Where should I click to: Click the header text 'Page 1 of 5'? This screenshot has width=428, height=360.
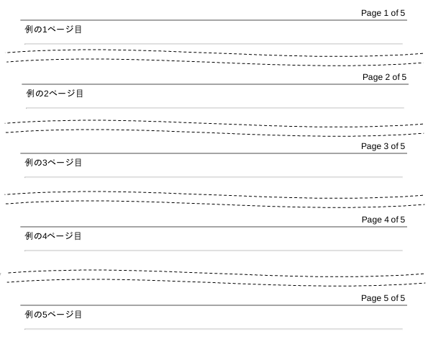pos(383,13)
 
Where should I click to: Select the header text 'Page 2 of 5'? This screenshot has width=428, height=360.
pos(384,77)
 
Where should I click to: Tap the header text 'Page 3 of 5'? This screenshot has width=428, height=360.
pos(383,146)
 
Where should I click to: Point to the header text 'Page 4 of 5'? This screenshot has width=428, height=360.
pos(383,220)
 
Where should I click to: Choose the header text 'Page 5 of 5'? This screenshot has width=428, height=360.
pos(383,298)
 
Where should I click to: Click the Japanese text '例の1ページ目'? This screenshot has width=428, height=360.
pos(53,30)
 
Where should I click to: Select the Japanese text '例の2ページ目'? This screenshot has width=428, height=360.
pos(55,94)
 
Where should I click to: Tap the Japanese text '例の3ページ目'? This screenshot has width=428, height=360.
pos(53,163)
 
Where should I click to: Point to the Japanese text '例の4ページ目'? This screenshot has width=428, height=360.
pos(53,235)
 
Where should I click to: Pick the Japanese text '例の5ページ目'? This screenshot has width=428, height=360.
pos(53,315)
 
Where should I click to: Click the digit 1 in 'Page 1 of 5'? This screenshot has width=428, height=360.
pos(386,13)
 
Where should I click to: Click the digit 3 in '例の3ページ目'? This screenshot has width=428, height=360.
pos(45,163)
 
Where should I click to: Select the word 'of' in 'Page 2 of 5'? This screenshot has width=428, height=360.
pos(396,77)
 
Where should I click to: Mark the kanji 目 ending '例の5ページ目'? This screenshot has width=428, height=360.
pos(78,315)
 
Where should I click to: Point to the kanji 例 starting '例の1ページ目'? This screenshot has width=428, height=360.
pos(29,30)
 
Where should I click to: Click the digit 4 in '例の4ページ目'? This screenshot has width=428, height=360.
pos(45,236)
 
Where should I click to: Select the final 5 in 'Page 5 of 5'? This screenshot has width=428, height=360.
pos(403,298)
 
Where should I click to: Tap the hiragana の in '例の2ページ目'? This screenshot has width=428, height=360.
pos(39,94)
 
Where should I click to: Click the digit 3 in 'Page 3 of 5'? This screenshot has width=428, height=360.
pos(386,146)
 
